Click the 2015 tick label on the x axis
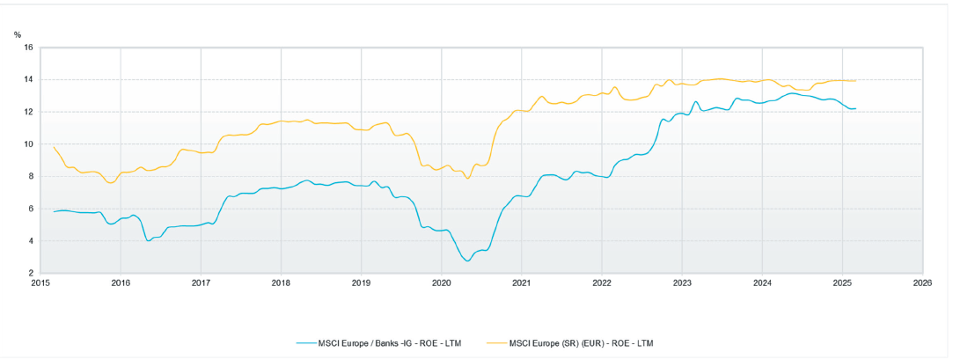[x=40, y=283]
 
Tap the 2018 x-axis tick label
[x=281, y=283]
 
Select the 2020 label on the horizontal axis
[x=441, y=283]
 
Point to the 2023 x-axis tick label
[x=682, y=283]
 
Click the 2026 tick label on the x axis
[x=922, y=283]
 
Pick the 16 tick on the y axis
[x=28, y=48]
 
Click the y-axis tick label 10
[x=28, y=144]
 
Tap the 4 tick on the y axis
[x=30, y=241]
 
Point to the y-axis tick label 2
[x=30, y=273]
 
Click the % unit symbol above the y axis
[x=18, y=34]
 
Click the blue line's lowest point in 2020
[x=467, y=261]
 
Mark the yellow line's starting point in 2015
[x=54, y=147]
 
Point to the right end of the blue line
[x=855, y=108]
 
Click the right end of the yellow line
[x=855, y=81]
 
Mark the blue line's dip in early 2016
[x=148, y=240]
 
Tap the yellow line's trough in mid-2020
[x=467, y=179]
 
